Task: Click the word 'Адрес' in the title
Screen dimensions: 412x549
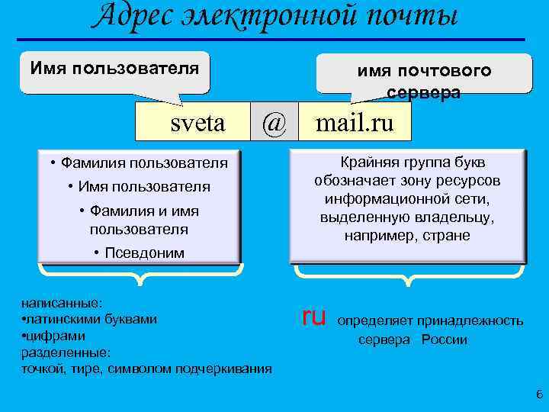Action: pyautogui.click(x=136, y=17)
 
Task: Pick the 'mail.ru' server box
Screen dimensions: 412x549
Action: pyautogui.click(x=355, y=122)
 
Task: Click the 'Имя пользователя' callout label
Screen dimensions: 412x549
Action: pyautogui.click(x=114, y=68)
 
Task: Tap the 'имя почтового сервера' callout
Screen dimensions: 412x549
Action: pyautogui.click(x=424, y=81)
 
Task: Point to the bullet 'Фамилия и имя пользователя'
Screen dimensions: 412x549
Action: pyautogui.click(x=139, y=220)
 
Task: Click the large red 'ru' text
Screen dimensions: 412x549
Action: pyautogui.click(x=314, y=317)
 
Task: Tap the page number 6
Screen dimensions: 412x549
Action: pyautogui.click(x=539, y=394)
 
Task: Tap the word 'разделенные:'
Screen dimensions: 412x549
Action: pyautogui.click(x=66, y=352)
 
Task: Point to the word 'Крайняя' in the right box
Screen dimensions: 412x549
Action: pyautogui.click(x=368, y=163)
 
